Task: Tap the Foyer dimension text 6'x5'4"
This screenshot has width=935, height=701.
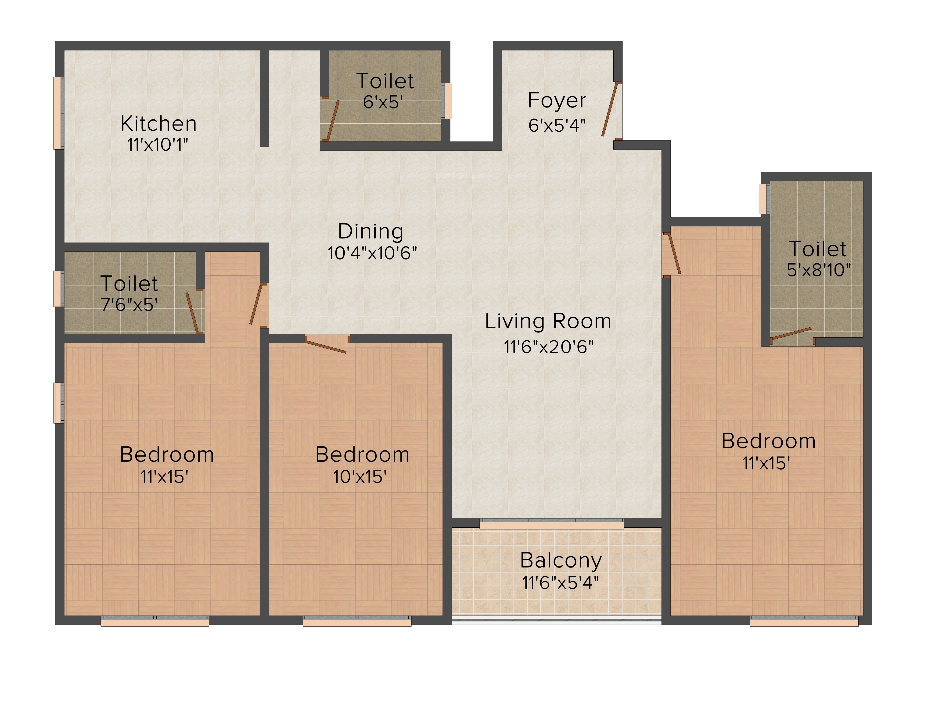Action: point(557,125)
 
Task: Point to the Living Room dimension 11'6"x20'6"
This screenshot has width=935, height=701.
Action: point(548,347)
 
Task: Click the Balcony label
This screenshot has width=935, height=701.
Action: point(561,561)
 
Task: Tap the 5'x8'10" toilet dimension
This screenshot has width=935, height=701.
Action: point(819,270)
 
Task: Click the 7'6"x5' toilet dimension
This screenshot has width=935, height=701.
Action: point(129,304)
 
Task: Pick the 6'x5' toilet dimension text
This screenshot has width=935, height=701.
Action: point(383,102)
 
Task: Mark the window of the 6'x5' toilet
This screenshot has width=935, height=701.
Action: point(447,101)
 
